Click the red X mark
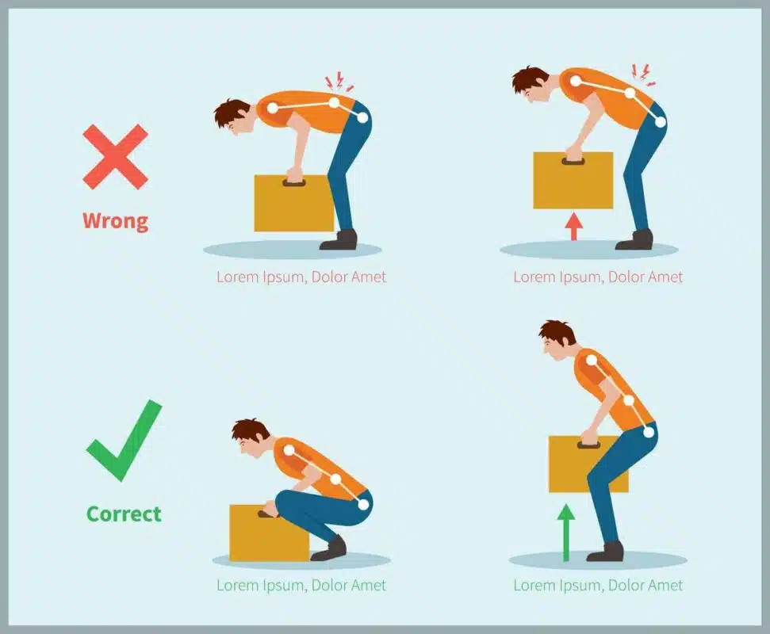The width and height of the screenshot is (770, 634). pyautogui.click(x=115, y=157)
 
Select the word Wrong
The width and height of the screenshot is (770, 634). pyautogui.click(x=115, y=220)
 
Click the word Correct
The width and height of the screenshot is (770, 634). pyautogui.click(x=124, y=514)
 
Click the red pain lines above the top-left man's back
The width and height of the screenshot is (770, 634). pyautogui.click(x=338, y=82)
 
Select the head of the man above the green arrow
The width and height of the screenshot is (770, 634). pyautogui.click(x=557, y=339)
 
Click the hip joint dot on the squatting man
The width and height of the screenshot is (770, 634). pyautogui.click(x=363, y=504)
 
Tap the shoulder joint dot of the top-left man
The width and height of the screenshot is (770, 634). pyautogui.click(x=273, y=108)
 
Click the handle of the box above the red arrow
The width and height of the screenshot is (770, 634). pyautogui.click(x=573, y=162)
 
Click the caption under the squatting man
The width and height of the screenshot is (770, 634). pyautogui.click(x=301, y=586)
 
